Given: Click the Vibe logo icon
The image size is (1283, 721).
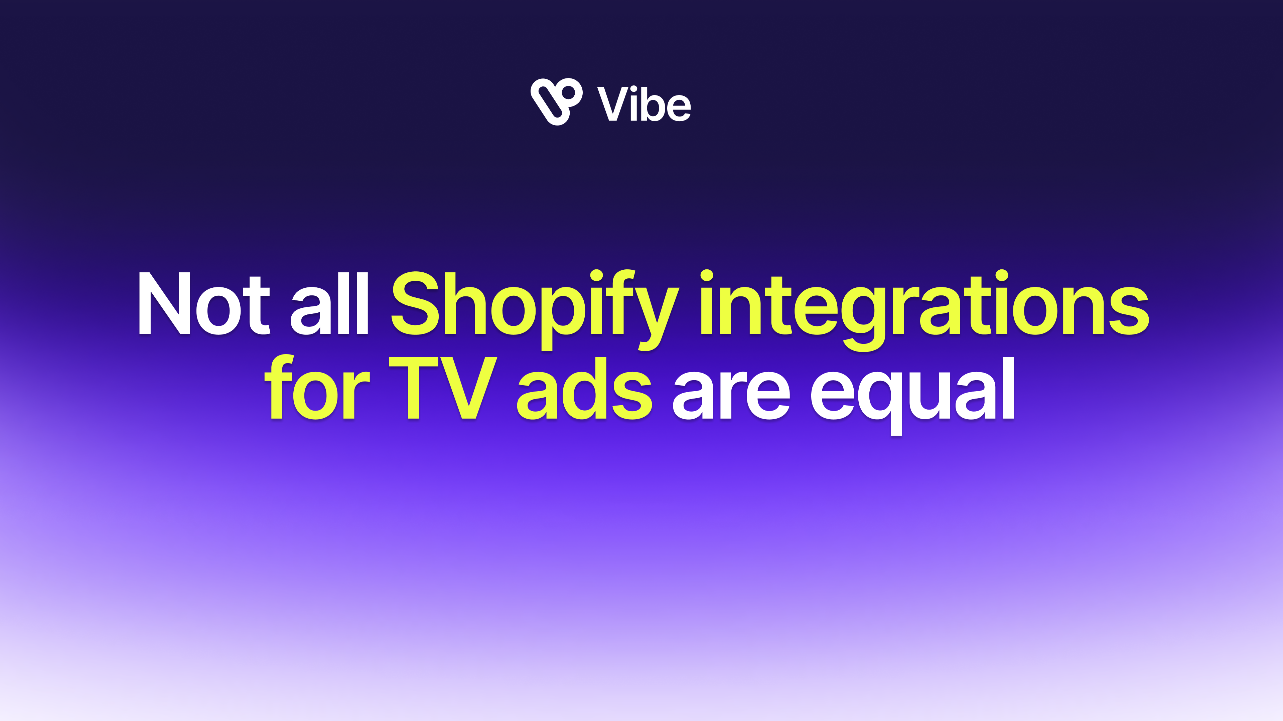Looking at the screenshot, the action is click(556, 101).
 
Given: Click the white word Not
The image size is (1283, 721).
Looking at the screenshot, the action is click(204, 303).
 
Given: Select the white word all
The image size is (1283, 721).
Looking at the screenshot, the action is click(329, 303).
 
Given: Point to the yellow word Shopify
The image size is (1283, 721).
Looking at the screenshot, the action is click(535, 310).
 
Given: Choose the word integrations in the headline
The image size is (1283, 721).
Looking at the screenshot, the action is click(924, 310).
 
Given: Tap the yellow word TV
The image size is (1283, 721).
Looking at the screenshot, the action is click(443, 388).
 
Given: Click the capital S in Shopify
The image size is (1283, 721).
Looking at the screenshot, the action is click(415, 303).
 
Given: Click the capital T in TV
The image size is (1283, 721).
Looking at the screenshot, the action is click(413, 388).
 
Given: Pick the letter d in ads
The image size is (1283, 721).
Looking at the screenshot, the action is click(582, 388).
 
